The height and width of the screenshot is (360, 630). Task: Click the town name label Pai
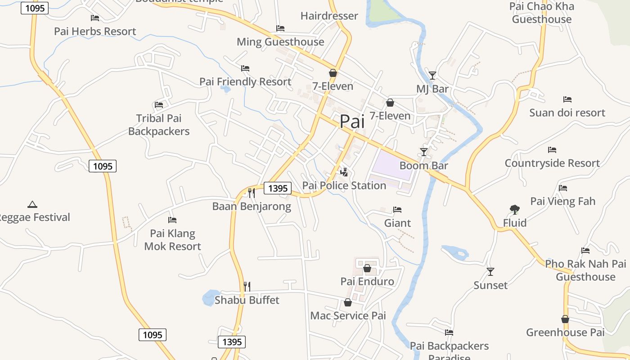351,121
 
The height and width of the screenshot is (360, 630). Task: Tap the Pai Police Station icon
344,172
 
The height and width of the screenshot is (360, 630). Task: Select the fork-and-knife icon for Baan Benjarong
252,193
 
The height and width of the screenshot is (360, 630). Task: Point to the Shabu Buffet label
247,300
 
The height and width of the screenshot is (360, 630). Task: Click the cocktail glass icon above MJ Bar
432,75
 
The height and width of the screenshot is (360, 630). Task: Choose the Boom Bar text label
423,166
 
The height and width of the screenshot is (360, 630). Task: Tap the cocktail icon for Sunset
490,272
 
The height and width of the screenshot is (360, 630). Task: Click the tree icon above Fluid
515,209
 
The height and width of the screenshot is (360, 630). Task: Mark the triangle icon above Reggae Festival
32,204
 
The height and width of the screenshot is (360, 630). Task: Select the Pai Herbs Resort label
95,31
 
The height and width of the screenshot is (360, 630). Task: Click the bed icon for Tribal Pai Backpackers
159,105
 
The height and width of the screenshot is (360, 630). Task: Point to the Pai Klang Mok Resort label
173,240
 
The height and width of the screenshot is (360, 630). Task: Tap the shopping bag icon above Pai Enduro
367,268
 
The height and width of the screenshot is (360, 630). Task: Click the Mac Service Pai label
348,316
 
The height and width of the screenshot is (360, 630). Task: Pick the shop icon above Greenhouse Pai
565,319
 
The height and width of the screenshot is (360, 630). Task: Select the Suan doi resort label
567,113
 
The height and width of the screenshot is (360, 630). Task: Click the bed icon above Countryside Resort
552,150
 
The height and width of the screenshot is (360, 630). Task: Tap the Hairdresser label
329,16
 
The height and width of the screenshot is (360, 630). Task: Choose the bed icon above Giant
397,210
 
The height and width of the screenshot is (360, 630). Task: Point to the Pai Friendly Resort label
245,82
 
